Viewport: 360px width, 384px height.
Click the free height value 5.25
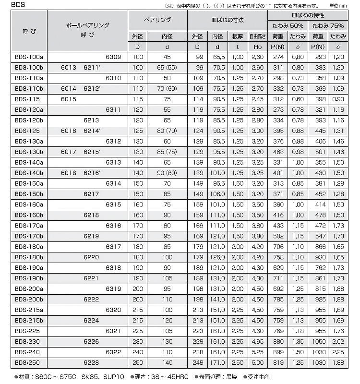pos(257,352)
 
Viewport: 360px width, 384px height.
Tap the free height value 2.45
pos(257,98)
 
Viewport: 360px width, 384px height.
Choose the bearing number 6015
pos(69,98)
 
